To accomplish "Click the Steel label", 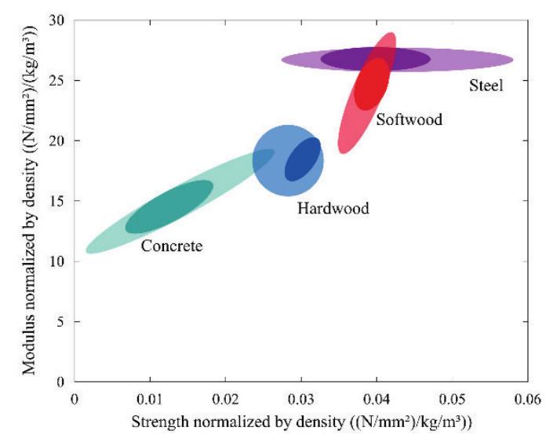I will click(486, 85).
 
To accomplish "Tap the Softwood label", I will click(409, 120).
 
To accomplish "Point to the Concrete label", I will click(172, 247).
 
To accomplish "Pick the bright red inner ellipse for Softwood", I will click(372, 83).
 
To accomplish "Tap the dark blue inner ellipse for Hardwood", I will click(303, 159).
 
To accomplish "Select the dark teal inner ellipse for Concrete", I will click(169, 206).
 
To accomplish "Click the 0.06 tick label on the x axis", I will click(527, 399).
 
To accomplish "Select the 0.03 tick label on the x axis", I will click(301, 399).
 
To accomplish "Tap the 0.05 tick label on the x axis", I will click(452, 399).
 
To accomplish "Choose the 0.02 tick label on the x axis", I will click(225, 399).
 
